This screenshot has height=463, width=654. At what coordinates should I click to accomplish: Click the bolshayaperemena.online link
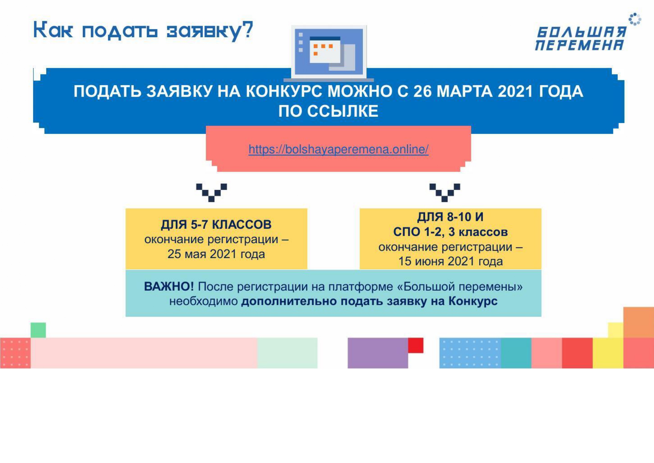coord(339,149)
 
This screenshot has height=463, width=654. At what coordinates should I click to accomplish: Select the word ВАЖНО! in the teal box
coord(169,287)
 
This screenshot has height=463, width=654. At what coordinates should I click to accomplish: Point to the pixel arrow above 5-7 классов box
coord(211,193)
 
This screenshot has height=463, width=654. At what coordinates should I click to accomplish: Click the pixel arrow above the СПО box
coord(444,193)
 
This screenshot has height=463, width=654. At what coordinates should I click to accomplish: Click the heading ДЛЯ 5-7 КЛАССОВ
coord(216,225)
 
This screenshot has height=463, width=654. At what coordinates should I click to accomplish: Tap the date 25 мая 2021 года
coord(216,254)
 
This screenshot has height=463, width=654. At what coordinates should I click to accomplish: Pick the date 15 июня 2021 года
coord(450,261)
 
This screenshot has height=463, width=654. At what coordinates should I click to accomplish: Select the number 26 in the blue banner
coord(422,91)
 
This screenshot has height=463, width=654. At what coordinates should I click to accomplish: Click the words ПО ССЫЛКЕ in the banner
coord(328,111)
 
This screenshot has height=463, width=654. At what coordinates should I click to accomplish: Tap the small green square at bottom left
coord(38,330)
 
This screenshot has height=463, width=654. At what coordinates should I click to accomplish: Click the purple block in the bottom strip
coord(378,353)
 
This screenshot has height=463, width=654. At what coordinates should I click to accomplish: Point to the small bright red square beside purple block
coord(416,345)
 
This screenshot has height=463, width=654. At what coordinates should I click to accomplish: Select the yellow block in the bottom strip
coord(608,353)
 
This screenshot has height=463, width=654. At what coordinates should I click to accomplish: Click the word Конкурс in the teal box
coord(473,301)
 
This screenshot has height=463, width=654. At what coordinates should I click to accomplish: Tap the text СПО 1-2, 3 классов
coord(450,232)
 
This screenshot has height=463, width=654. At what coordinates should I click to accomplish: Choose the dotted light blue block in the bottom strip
coord(470,353)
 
